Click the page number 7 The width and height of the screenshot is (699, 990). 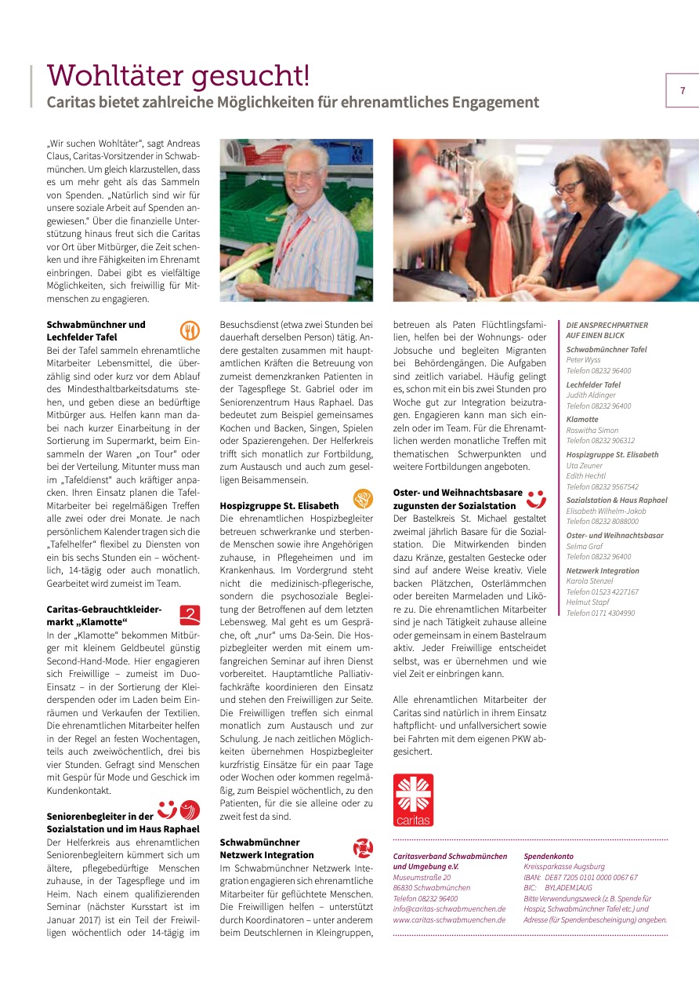tap(682, 91)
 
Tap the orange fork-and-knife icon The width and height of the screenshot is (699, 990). tap(190, 329)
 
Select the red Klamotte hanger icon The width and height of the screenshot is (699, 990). tap(190, 615)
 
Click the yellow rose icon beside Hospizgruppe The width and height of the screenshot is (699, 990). tap(362, 498)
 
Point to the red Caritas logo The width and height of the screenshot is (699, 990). tap(413, 799)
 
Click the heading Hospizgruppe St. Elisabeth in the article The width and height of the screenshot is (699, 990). tap(279, 506)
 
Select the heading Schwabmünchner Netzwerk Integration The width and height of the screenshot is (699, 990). tap(266, 848)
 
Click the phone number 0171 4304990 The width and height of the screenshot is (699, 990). tap(600, 613)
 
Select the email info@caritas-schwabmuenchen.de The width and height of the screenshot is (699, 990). tap(449, 909)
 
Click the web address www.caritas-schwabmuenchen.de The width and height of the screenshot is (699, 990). tap(449, 919)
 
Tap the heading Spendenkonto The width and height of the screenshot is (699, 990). tap(549, 856)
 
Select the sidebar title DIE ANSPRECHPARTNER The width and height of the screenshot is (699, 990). tap(607, 325)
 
